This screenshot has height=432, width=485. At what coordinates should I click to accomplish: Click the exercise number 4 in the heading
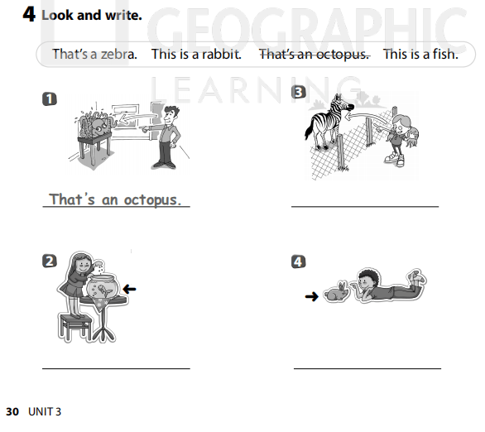click(x=29, y=15)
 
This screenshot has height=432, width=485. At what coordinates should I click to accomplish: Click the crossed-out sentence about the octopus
click(x=314, y=54)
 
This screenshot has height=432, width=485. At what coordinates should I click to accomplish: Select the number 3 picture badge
click(x=299, y=93)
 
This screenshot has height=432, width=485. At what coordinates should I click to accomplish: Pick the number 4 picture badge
click(x=299, y=262)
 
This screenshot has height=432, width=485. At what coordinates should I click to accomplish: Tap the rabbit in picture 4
click(x=336, y=292)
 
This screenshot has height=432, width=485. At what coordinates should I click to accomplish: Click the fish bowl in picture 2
click(x=103, y=290)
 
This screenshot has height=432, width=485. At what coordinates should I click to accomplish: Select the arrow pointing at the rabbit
click(x=311, y=295)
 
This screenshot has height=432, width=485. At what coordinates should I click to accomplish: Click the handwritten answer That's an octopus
click(x=115, y=199)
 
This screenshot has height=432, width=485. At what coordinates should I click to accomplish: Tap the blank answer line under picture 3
click(x=365, y=206)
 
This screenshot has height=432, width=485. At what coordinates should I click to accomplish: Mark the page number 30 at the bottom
click(x=12, y=411)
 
